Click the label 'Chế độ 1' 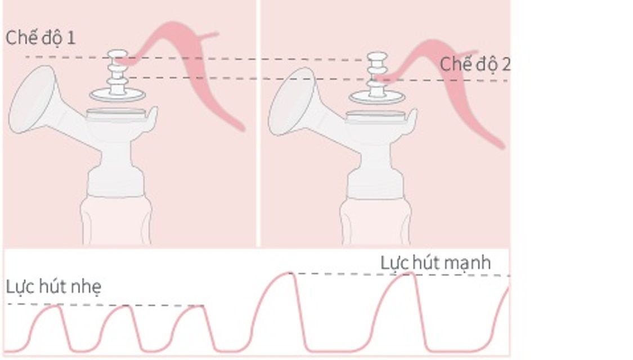tap(41, 38)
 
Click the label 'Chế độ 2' tap(475, 65)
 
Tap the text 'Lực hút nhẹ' tap(53, 287)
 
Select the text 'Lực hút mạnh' tap(436, 263)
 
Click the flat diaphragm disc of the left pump tap(118, 95)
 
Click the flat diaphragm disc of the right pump tap(377, 97)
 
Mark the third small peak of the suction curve tap(199, 307)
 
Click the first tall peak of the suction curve tap(288, 273)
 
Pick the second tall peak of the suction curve tap(408, 273)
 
